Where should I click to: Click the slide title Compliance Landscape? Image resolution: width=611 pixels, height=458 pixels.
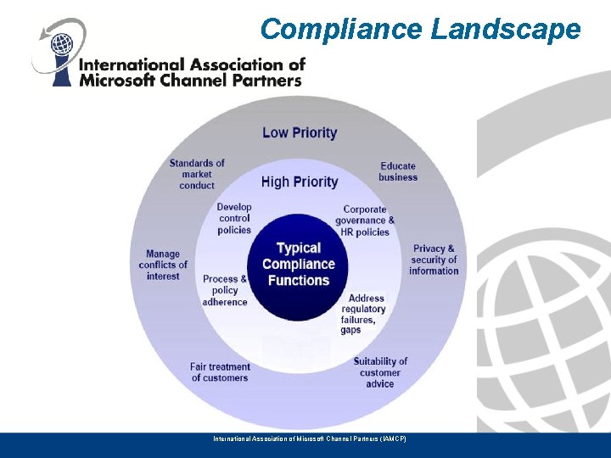click(420, 29)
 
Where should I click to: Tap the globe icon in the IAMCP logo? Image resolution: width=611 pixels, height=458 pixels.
click(60, 42)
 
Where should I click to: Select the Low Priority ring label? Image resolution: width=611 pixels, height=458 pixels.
click(300, 132)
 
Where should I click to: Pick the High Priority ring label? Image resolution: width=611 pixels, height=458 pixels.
click(300, 182)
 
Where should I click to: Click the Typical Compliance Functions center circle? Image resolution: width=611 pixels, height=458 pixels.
click(299, 264)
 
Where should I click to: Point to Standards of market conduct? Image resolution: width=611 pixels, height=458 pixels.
click(197, 174)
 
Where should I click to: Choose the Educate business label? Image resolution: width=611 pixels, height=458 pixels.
click(398, 171)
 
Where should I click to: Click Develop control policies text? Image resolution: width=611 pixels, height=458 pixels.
click(234, 218)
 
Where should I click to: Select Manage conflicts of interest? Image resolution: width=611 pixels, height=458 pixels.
click(163, 265)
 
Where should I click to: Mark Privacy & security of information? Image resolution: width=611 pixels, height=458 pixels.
click(434, 260)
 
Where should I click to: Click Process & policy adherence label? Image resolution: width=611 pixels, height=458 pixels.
click(225, 290)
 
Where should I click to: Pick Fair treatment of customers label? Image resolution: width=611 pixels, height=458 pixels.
click(220, 372)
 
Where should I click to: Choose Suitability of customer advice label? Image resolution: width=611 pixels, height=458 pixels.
click(380, 372)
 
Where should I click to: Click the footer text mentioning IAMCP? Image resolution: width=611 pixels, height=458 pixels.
click(310, 438)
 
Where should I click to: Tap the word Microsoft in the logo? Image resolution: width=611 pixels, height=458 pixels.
click(115, 81)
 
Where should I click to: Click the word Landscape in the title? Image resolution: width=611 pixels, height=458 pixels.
click(506, 29)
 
